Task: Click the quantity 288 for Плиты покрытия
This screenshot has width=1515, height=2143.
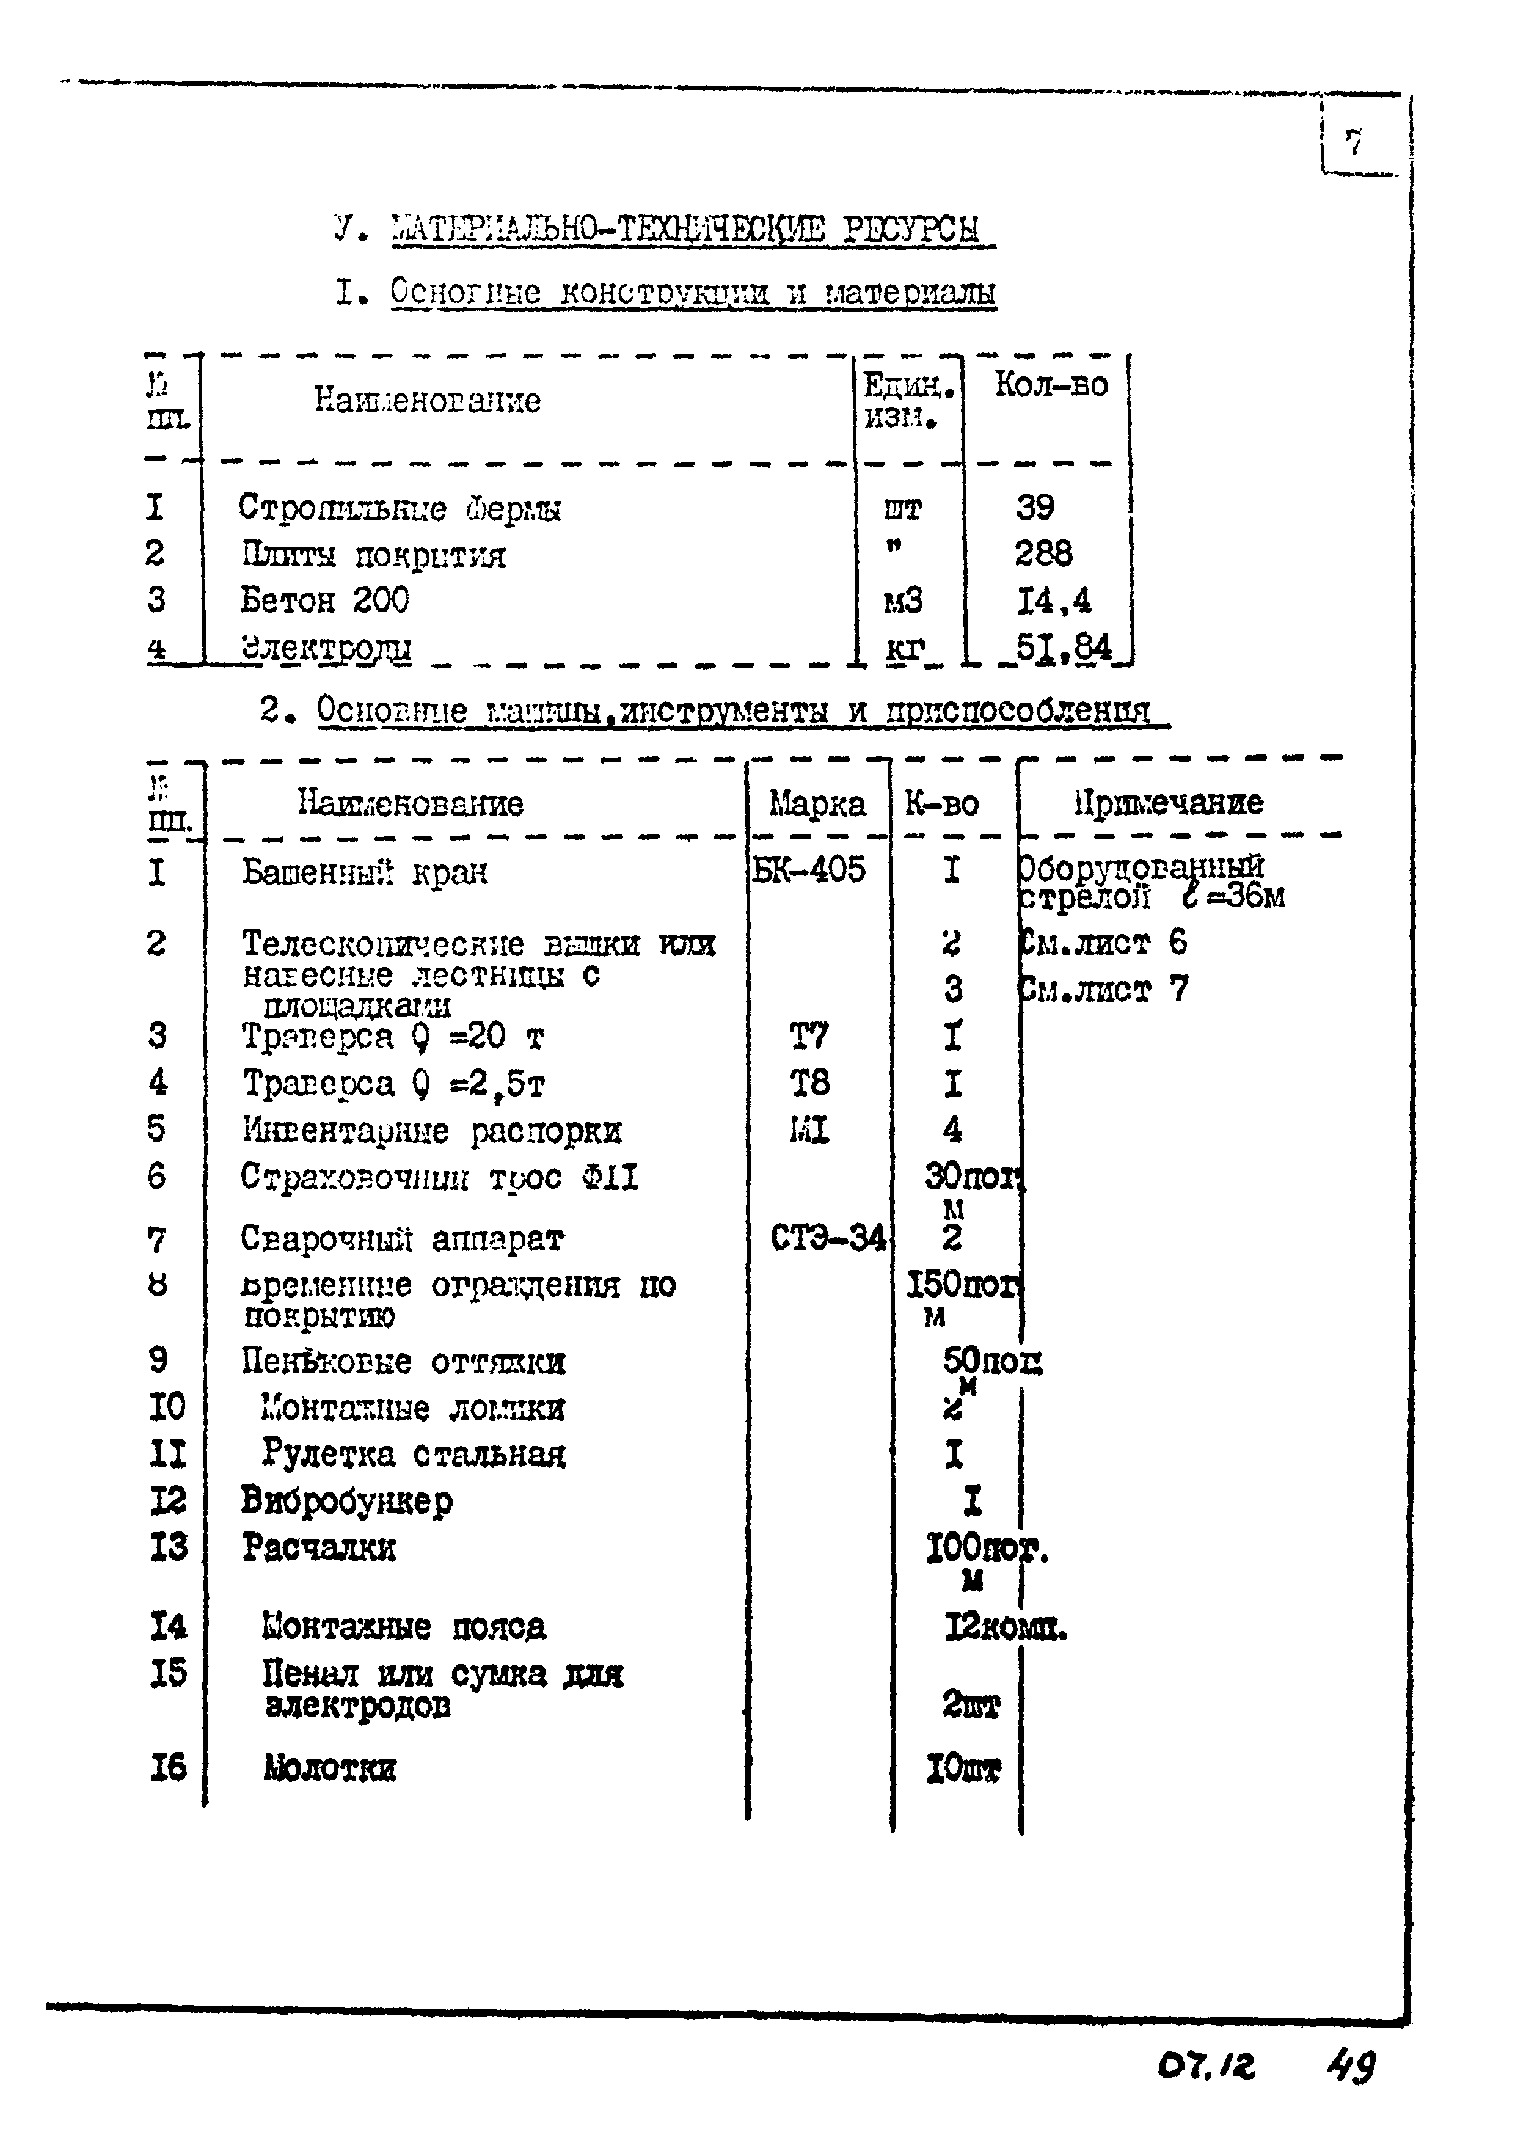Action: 1043,553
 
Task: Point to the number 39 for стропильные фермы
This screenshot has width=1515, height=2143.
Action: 1035,507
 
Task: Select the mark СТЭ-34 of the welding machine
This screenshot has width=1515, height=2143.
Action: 828,1238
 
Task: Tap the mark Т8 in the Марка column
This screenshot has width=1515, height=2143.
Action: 809,1082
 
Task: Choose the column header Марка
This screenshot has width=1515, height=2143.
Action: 817,804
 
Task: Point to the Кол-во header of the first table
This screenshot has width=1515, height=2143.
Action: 1051,384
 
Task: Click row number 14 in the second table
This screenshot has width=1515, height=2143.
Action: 168,1627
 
